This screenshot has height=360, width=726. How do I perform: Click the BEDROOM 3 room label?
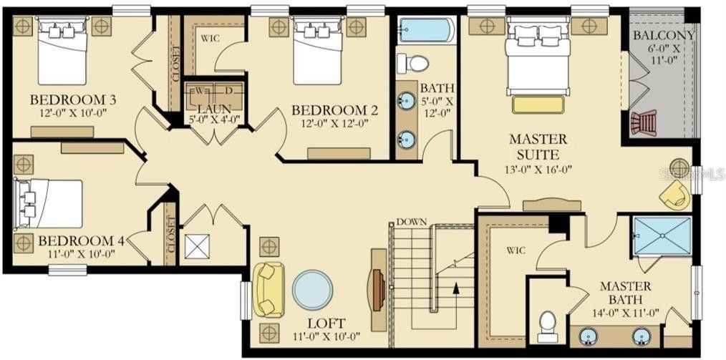(73, 99)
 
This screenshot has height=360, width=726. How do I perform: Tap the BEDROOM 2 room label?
(334, 111)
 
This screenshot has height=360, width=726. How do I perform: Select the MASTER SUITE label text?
(538, 146)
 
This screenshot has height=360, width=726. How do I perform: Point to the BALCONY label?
(664, 35)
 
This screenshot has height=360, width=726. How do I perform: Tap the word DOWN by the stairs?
(412, 222)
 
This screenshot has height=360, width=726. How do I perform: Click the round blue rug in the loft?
(312, 290)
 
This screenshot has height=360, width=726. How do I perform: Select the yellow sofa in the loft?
(268, 290)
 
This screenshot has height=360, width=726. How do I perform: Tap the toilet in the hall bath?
(412, 63)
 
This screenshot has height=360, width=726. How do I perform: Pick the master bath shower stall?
(662, 235)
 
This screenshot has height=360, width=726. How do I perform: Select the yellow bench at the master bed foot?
(538, 104)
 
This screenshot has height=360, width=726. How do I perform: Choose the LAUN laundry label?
(213, 109)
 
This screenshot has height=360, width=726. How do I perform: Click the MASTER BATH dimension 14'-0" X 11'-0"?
(625, 313)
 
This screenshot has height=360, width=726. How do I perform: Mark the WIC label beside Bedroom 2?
(210, 39)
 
